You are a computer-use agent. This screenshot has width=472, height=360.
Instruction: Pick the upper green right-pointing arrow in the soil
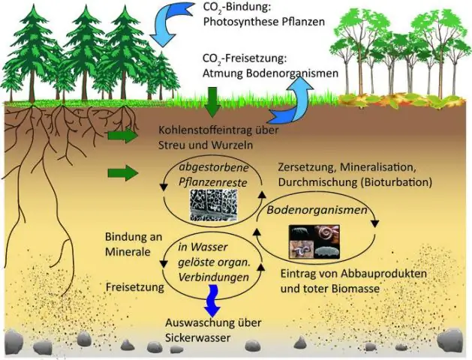[x=122, y=136]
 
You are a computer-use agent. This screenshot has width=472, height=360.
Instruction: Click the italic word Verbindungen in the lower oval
[x=214, y=277]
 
